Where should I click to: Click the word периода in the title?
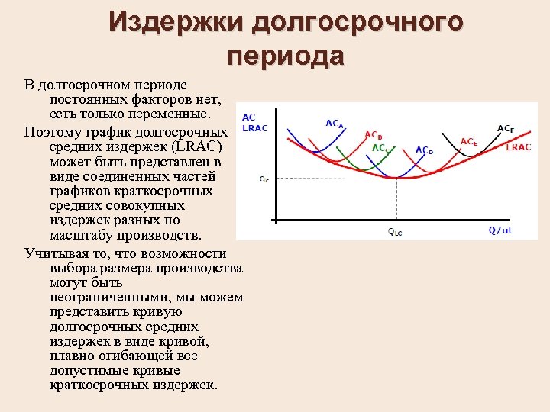click(x=286, y=56)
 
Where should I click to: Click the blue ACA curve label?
click(x=335, y=123)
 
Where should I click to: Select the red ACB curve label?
click(x=374, y=135)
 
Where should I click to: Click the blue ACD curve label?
click(x=425, y=150)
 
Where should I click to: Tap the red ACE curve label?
click(x=469, y=142)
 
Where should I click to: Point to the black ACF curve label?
click(x=505, y=129)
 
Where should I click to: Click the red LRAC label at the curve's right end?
click(x=519, y=146)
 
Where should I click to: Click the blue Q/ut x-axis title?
click(x=501, y=230)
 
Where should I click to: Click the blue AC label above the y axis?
click(x=248, y=117)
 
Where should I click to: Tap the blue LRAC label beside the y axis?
click(x=254, y=128)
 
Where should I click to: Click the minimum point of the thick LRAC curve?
click(x=396, y=179)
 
